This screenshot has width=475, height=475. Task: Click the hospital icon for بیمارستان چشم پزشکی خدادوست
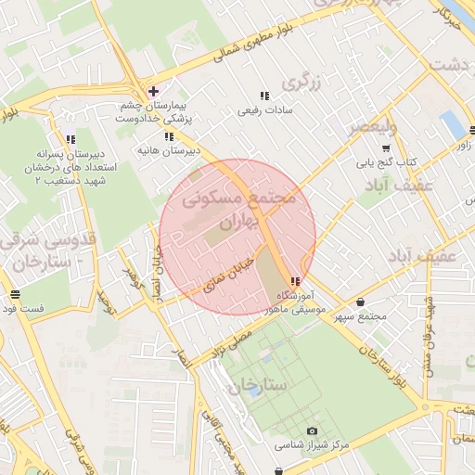pos(153,91)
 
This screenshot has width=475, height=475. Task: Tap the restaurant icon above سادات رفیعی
pos(264,96)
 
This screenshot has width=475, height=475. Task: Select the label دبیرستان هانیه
pos(168,149)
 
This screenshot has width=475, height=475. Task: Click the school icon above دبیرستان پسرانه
pos(71,139)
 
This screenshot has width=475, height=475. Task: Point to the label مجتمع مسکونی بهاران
pos(238,211)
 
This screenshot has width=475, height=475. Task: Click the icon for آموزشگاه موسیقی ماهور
pos(294,282)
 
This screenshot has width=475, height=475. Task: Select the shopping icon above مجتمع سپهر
pos(360,302)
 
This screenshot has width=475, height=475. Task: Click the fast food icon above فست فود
pos(13,295)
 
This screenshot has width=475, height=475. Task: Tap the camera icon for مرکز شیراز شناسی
pos(311,431)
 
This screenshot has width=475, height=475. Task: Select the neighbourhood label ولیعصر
pos(371,127)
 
